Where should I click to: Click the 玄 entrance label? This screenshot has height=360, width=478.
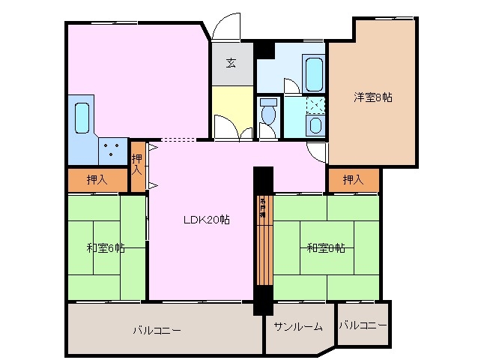coord(232,62)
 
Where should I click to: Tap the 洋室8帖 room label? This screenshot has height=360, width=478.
coord(373,97)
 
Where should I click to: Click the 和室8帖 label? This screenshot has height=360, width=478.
coord(325,248)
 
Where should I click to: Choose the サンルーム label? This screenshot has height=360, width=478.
coord(297,326)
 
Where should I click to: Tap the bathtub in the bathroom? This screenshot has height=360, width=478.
coord(314,74)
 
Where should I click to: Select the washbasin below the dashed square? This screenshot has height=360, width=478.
coord(315,124)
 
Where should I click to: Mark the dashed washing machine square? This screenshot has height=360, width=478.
coord(315,104)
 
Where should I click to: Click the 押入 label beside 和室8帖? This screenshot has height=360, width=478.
coord(353,180)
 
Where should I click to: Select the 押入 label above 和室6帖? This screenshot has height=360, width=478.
coord(97,180)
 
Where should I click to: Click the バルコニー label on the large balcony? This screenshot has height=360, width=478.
coord(157,329)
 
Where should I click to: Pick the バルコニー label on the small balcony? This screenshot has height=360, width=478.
coord(363,325)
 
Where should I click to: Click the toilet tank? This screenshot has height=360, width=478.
coord(268,102)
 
